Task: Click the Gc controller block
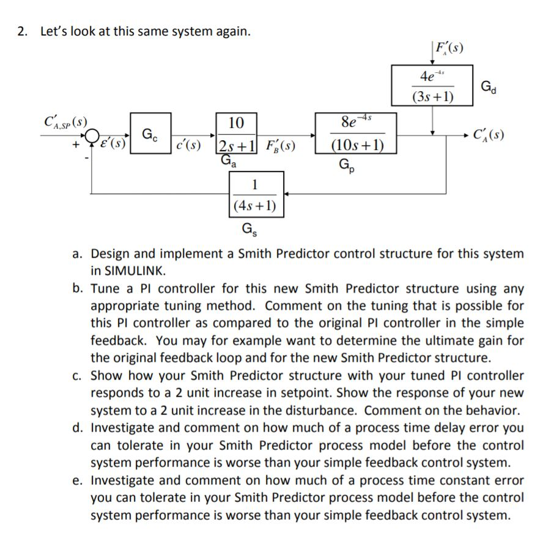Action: [x=150, y=133]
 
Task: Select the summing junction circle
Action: [x=93, y=135]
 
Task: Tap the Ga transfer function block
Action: [x=235, y=133]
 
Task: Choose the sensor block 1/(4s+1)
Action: [x=256, y=195]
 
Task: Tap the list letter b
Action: [x=79, y=288]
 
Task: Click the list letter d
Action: [x=79, y=428]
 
